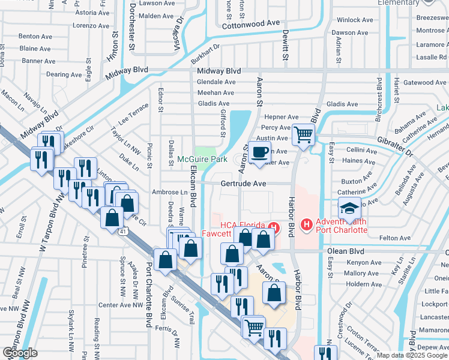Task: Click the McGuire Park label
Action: pyautogui.click(x=202, y=160)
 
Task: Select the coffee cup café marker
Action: pyautogui.click(x=259, y=152)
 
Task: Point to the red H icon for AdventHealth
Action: pyautogui.click(x=306, y=225)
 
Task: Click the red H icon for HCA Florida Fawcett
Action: pyautogui.click(x=274, y=226)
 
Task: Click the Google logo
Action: pyautogui.click(x=20, y=353)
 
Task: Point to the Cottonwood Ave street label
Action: pyautogui.click(x=251, y=24)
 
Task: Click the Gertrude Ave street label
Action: pyautogui.click(x=243, y=183)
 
